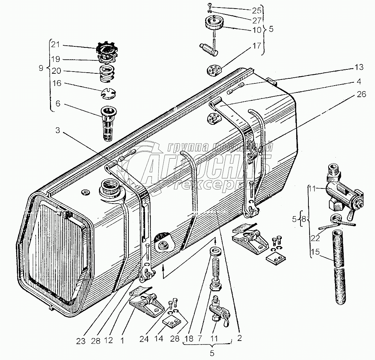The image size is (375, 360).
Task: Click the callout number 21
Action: pyautogui.click(x=55, y=45)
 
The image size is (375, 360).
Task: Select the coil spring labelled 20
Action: pyautogui.click(x=107, y=74)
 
